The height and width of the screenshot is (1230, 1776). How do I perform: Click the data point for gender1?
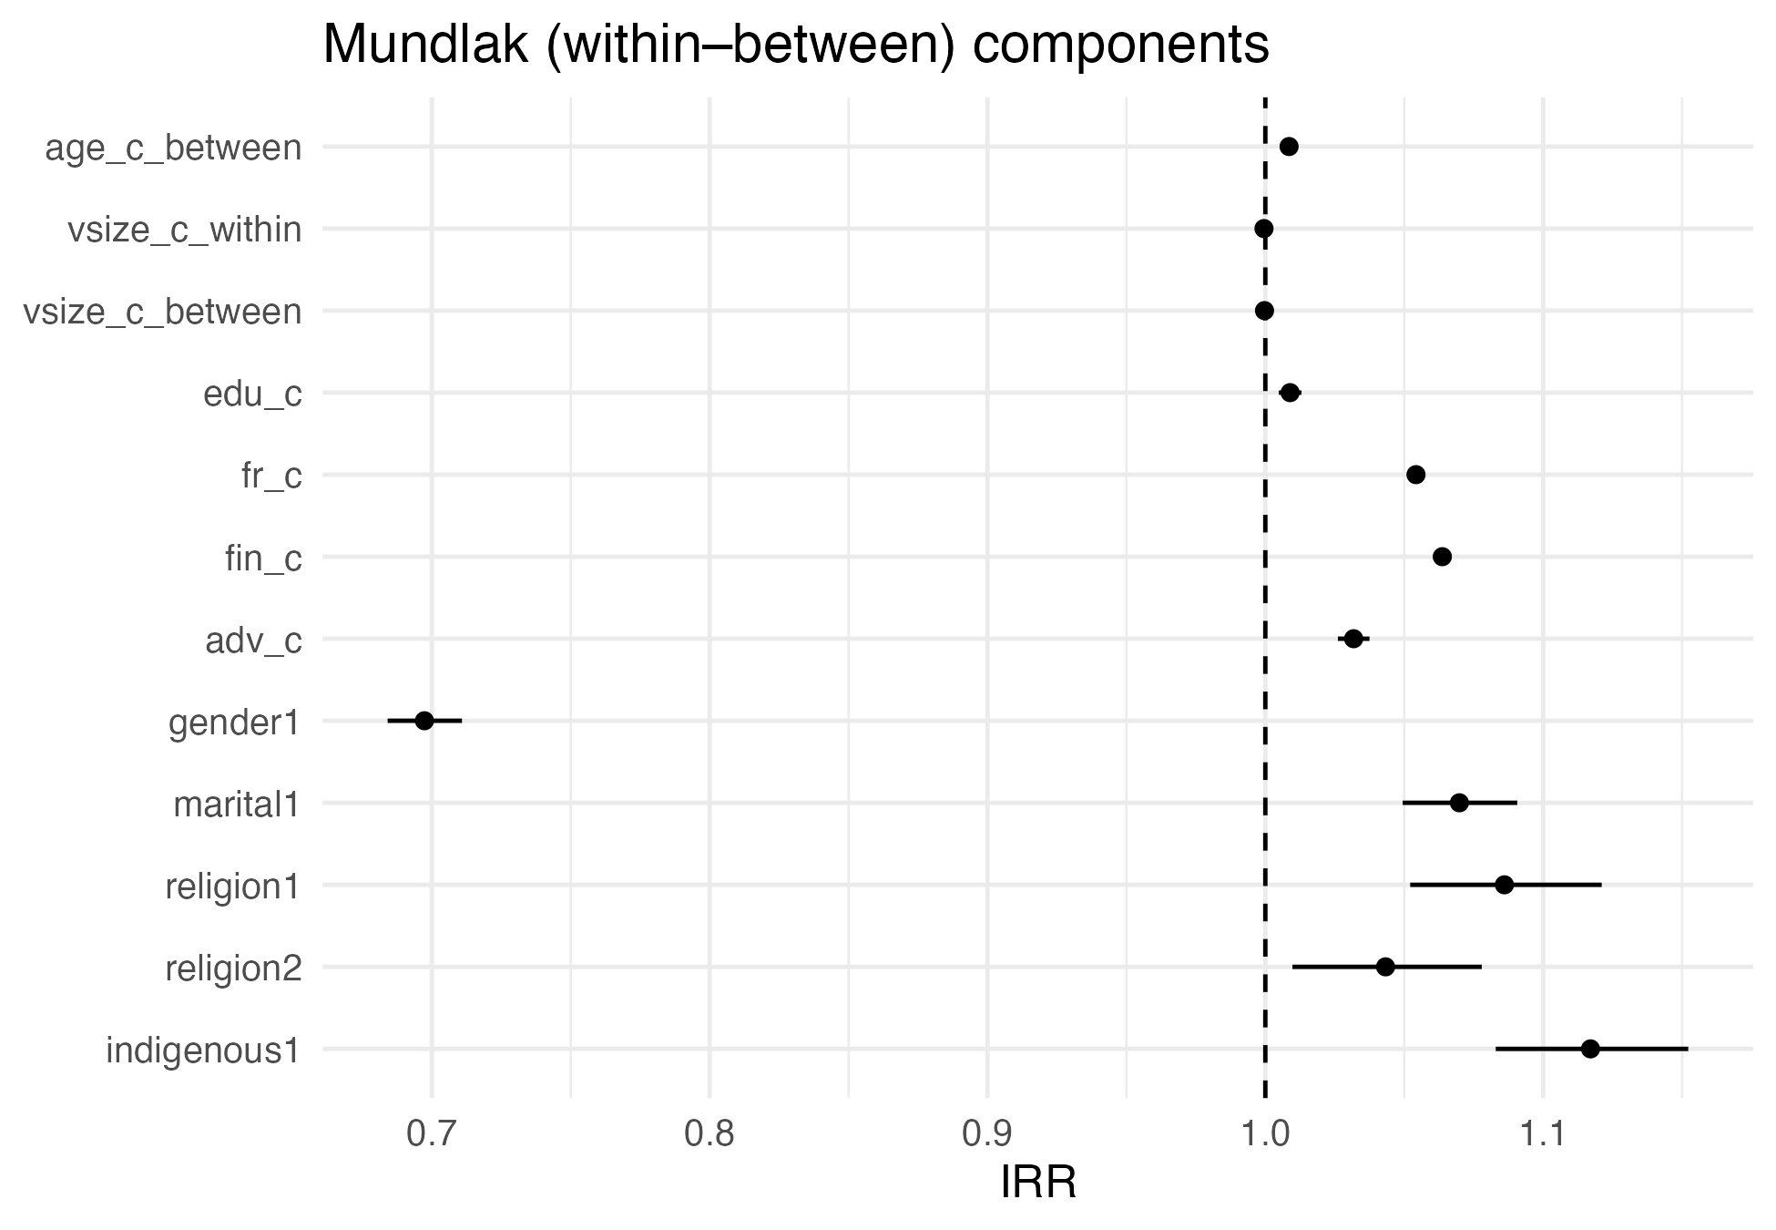(424, 721)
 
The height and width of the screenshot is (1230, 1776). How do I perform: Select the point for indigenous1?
(1590, 1049)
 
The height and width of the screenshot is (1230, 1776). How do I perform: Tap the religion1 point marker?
(1505, 885)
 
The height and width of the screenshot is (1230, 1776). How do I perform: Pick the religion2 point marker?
(1385, 967)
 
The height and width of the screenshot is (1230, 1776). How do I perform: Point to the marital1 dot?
(1459, 803)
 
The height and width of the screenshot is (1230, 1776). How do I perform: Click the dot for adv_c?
(1353, 639)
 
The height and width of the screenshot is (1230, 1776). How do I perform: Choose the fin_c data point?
(1442, 557)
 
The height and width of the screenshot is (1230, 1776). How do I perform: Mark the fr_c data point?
(1415, 475)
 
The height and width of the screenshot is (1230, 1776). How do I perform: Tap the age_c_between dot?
(1289, 147)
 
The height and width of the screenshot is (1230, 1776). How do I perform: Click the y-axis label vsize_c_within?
(185, 231)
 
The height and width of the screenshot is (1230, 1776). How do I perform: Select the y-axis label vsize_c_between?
(162, 313)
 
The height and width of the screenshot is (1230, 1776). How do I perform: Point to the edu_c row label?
(252, 395)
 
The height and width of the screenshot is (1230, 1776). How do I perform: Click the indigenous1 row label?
(203, 1051)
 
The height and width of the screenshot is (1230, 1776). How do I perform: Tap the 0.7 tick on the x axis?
(432, 1134)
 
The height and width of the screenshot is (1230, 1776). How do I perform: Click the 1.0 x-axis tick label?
(1265, 1134)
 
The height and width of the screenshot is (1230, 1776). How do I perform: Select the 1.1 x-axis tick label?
(1543, 1134)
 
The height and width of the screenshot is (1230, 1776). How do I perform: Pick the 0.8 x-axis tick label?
(709, 1134)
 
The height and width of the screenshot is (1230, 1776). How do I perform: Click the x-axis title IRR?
(1038, 1184)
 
